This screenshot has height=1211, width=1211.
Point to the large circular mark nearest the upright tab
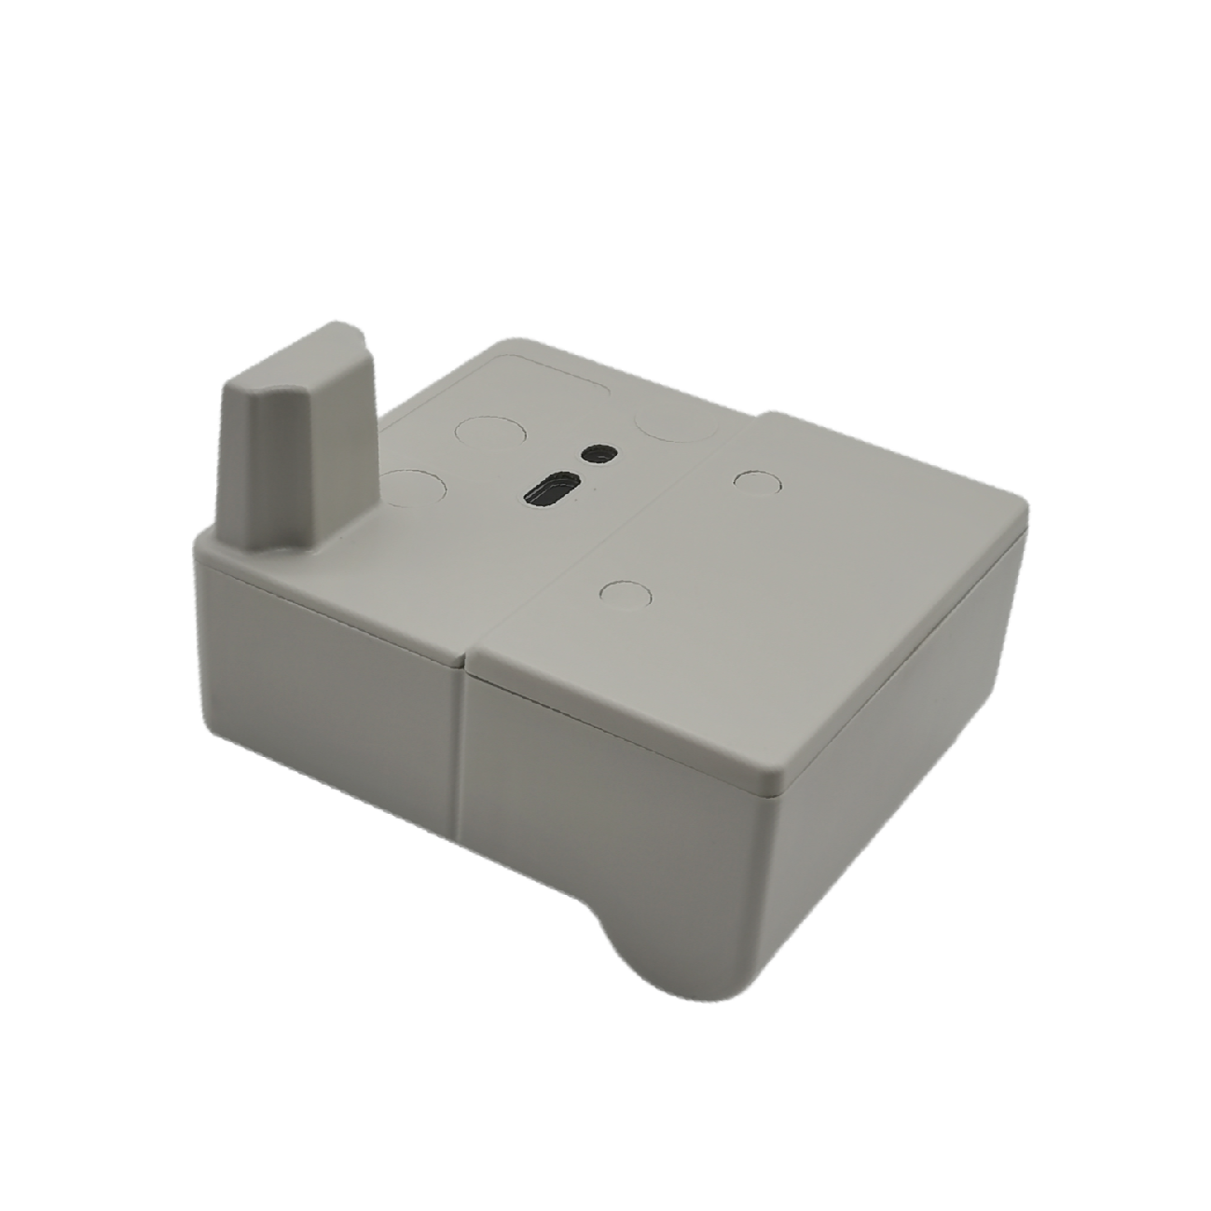coord(410,488)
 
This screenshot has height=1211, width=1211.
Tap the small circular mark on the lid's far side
coord(756,481)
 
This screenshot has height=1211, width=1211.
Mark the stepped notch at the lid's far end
coord(760,417)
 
